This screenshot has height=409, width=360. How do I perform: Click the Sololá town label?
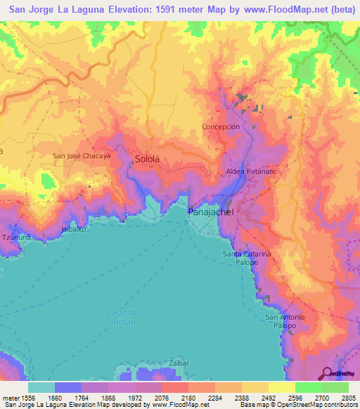click(x=148, y=160)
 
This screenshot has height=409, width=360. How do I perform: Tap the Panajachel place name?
click(x=210, y=211)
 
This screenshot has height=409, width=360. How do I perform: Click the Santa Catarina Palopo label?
click(x=246, y=257)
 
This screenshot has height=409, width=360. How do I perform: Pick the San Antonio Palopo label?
click(x=285, y=322)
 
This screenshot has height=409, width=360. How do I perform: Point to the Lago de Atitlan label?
click(x=124, y=316)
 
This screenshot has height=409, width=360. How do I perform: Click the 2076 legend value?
click(x=174, y=397)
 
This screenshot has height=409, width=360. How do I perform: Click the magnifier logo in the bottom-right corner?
click(x=328, y=373)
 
